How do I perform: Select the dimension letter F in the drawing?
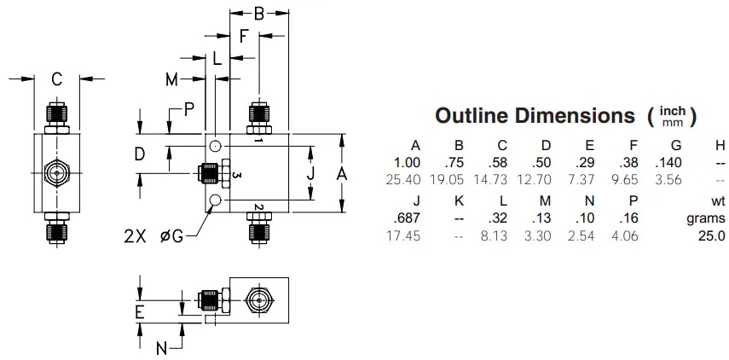[244, 37]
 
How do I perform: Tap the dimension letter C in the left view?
[56, 79]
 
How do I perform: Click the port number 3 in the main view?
[237, 175]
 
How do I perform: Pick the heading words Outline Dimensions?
[535, 115]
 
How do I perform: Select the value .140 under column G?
[669, 163]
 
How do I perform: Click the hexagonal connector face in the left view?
[56, 173]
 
